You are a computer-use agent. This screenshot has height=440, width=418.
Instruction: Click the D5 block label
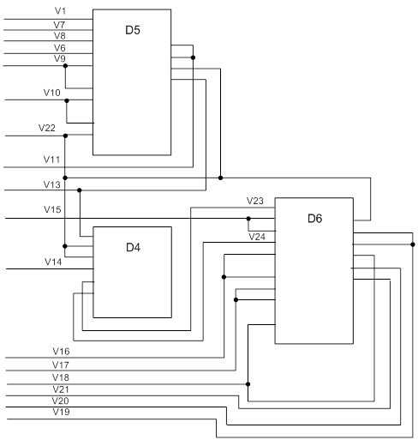(x=133, y=30)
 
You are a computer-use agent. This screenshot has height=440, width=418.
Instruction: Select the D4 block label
(x=133, y=247)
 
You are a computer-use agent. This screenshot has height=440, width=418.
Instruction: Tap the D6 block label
(x=315, y=219)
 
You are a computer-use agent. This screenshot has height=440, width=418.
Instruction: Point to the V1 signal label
(x=60, y=11)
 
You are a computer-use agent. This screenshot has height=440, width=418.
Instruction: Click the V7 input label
(x=59, y=25)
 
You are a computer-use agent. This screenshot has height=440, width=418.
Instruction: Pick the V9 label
(x=60, y=58)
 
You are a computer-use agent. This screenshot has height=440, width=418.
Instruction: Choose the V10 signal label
(x=52, y=93)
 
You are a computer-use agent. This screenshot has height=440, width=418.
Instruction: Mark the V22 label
(x=47, y=128)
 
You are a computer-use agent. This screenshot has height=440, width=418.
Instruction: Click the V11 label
(x=51, y=160)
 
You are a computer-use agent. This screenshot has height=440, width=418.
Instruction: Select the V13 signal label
(x=52, y=184)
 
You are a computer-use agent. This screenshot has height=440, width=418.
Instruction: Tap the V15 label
(x=52, y=209)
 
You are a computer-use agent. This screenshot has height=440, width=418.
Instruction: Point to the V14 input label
(x=53, y=262)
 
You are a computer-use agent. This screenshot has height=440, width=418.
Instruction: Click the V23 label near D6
(x=255, y=201)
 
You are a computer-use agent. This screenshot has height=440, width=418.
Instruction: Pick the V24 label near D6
(x=257, y=237)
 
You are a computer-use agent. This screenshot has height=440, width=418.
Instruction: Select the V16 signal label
(x=61, y=351)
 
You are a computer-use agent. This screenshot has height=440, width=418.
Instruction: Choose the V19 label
(x=61, y=412)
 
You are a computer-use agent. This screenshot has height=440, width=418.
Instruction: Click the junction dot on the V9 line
(x=65, y=66)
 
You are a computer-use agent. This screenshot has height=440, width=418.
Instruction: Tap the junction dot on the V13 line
(x=80, y=190)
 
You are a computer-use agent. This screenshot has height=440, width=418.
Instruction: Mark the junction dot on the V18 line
(x=248, y=384)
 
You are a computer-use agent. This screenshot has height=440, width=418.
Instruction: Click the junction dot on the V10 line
(x=67, y=100)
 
